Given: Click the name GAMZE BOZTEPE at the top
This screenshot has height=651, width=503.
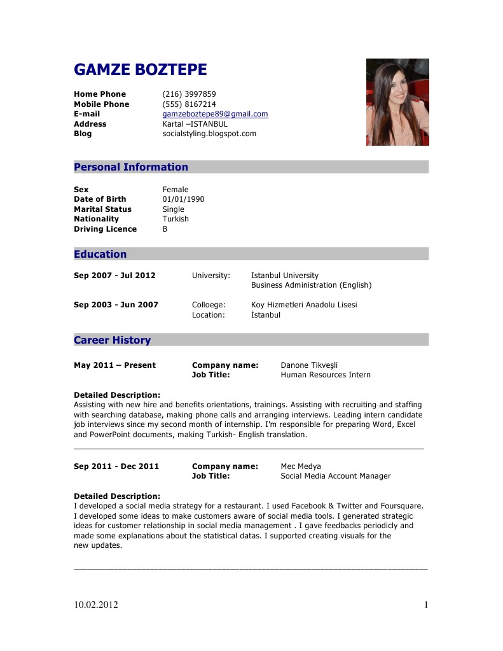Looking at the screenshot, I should [140, 70].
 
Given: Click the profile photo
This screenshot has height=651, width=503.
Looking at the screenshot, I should [397, 102].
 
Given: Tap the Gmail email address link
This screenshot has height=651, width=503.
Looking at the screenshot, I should [215, 114].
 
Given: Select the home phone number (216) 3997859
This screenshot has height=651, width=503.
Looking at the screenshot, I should [189, 94].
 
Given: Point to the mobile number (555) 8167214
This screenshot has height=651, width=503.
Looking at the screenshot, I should [189, 104].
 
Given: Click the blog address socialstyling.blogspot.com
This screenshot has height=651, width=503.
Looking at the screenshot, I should [209, 134].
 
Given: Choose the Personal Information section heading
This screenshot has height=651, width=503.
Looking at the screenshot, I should [131, 167].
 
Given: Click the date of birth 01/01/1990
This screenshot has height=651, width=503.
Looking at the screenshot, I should [183, 199].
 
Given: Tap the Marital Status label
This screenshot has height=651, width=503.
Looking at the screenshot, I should [102, 209].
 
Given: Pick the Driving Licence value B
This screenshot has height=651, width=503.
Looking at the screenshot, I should [165, 229].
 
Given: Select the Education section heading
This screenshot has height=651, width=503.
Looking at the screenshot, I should [100, 255].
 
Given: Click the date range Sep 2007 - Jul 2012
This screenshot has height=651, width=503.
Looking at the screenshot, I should [114, 276].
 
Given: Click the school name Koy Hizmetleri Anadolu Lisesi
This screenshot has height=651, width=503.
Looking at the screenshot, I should [304, 305].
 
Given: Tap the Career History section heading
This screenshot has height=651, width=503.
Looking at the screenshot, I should [113, 340].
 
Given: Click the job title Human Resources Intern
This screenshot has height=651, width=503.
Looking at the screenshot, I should [326, 375].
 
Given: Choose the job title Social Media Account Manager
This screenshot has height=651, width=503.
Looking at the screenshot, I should [336, 476].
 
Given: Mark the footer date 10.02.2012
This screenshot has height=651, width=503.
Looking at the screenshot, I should [96, 605].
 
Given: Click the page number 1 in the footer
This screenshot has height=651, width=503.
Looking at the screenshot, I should [426, 605].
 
